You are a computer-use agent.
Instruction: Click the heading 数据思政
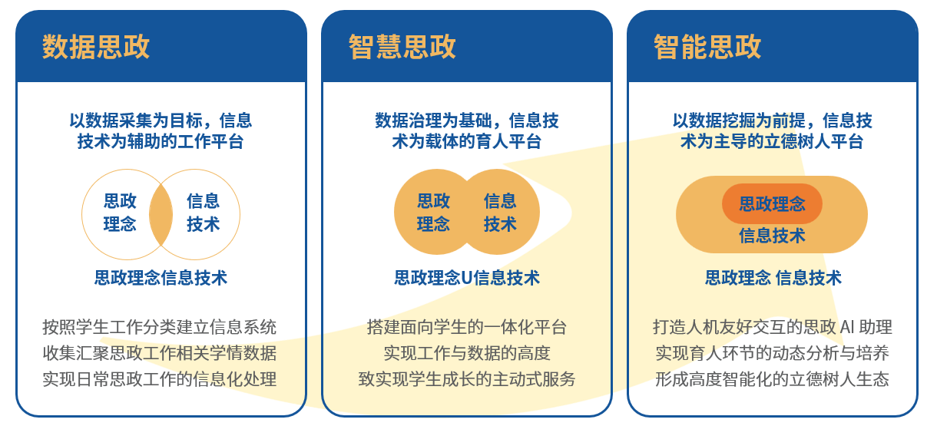pyautogui.click(x=96, y=47)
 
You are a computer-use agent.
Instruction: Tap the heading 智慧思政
pyautogui.click(x=402, y=47)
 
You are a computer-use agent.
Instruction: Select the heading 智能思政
pyautogui.click(x=707, y=47)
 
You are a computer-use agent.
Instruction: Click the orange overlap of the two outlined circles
pyautogui.click(x=161, y=214)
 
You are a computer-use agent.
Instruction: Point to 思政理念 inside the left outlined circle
pyautogui.click(x=120, y=213)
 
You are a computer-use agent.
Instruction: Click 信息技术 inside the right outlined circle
pyautogui.click(x=204, y=213)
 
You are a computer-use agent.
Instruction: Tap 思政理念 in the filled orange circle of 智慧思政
pyautogui.click(x=433, y=213)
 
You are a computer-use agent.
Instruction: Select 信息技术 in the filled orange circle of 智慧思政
pyautogui.click(x=500, y=213)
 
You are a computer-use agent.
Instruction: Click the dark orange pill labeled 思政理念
pyautogui.click(x=772, y=203)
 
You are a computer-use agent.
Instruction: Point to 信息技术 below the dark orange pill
pyautogui.click(x=772, y=236)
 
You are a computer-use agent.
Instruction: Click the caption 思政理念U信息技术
pyautogui.click(x=467, y=278)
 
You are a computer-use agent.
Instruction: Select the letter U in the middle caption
pyautogui.click(x=467, y=279)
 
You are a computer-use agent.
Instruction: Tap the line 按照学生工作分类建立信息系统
pyautogui.click(x=160, y=327)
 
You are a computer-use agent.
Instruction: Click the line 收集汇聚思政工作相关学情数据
pyautogui.click(x=160, y=353)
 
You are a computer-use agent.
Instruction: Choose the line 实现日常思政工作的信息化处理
pyautogui.click(x=160, y=379)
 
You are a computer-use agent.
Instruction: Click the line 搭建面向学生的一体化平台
pyautogui.click(x=467, y=327)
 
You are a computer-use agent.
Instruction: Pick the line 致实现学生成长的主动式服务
pyautogui.click(x=467, y=379)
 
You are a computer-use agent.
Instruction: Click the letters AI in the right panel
pyautogui.click(x=846, y=327)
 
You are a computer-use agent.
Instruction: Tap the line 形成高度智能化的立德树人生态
pyautogui.click(x=772, y=379)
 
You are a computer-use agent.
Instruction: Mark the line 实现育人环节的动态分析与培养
pyautogui.click(x=772, y=353)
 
